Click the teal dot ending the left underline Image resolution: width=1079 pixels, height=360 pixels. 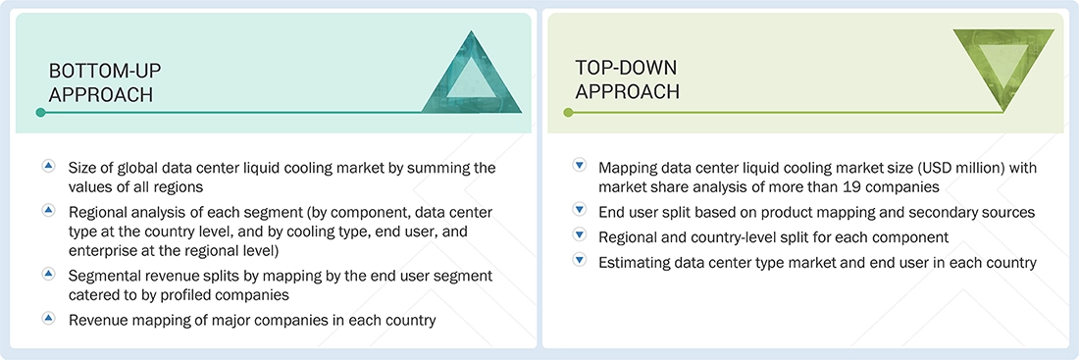point(40,113)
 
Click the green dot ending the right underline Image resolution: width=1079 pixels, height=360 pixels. point(568,113)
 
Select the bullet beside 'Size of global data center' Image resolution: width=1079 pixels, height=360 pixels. point(48,167)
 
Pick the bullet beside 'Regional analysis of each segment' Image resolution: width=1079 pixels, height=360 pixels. point(48,211)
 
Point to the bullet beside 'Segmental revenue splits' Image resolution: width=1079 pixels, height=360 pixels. point(48,274)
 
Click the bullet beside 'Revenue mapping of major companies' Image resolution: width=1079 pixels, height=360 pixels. point(48,318)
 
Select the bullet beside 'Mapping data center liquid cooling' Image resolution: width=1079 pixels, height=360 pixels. point(579,167)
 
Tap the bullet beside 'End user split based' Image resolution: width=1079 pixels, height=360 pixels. point(579,211)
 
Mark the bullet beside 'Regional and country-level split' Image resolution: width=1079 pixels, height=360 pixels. point(579,236)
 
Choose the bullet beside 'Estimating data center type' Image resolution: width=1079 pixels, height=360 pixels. point(579,261)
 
